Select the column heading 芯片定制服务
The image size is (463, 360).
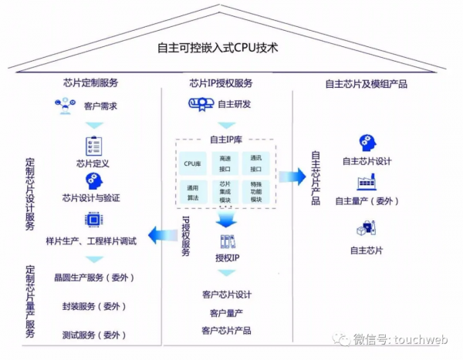click(90, 82)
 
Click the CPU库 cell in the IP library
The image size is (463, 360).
click(191, 163)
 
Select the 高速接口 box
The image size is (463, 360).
click(225, 162)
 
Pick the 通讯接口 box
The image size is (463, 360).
click(255, 162)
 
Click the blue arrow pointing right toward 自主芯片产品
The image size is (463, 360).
click(292, 177)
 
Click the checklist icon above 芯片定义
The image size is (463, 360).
click(94, 145)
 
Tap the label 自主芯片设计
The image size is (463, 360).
click(367, 161)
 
